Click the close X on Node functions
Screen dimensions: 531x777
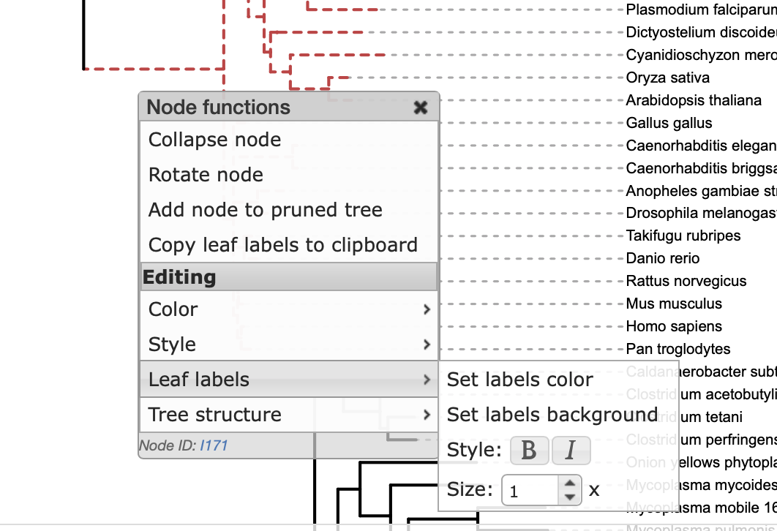pos(421,108)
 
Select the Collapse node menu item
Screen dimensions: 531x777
pos(214,140)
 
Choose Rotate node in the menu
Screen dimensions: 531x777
pos(206,175)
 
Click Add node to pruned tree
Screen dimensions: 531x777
pos(265,210)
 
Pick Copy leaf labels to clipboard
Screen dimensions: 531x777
pos(282,245)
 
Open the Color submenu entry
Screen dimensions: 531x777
pos(173,309)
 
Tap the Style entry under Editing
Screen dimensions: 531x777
pos(172,344)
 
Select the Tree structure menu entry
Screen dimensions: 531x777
pos(214,415)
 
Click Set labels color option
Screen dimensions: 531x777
pos(519,380)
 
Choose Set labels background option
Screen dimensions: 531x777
pos(552,415)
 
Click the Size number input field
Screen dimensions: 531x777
pos(530,491)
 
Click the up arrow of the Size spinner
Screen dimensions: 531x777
pos(569,483)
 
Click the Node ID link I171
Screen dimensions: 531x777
pos(214,445)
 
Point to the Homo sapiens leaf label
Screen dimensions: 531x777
pos(674,326)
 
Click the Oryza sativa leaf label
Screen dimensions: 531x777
pos(667,78)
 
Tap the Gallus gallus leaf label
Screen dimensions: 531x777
pos(669,123)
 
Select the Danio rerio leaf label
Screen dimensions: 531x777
pos(663,258)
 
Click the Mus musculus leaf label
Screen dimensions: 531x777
pos(674,304)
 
